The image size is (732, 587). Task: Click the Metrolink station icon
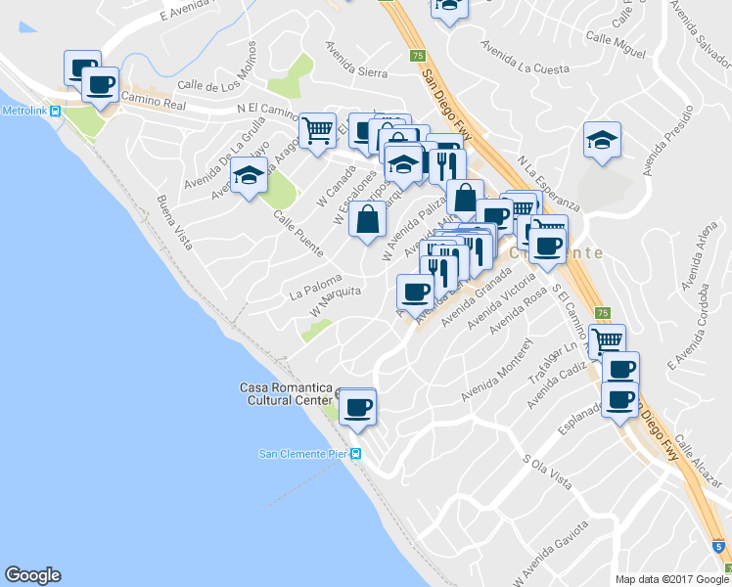click(56, 111)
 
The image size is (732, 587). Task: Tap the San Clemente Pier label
click(303, 453)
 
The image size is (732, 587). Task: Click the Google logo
click(32, 575)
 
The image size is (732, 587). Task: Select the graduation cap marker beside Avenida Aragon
click(250, 176)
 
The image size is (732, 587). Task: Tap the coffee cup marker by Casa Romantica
click(356, 406)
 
